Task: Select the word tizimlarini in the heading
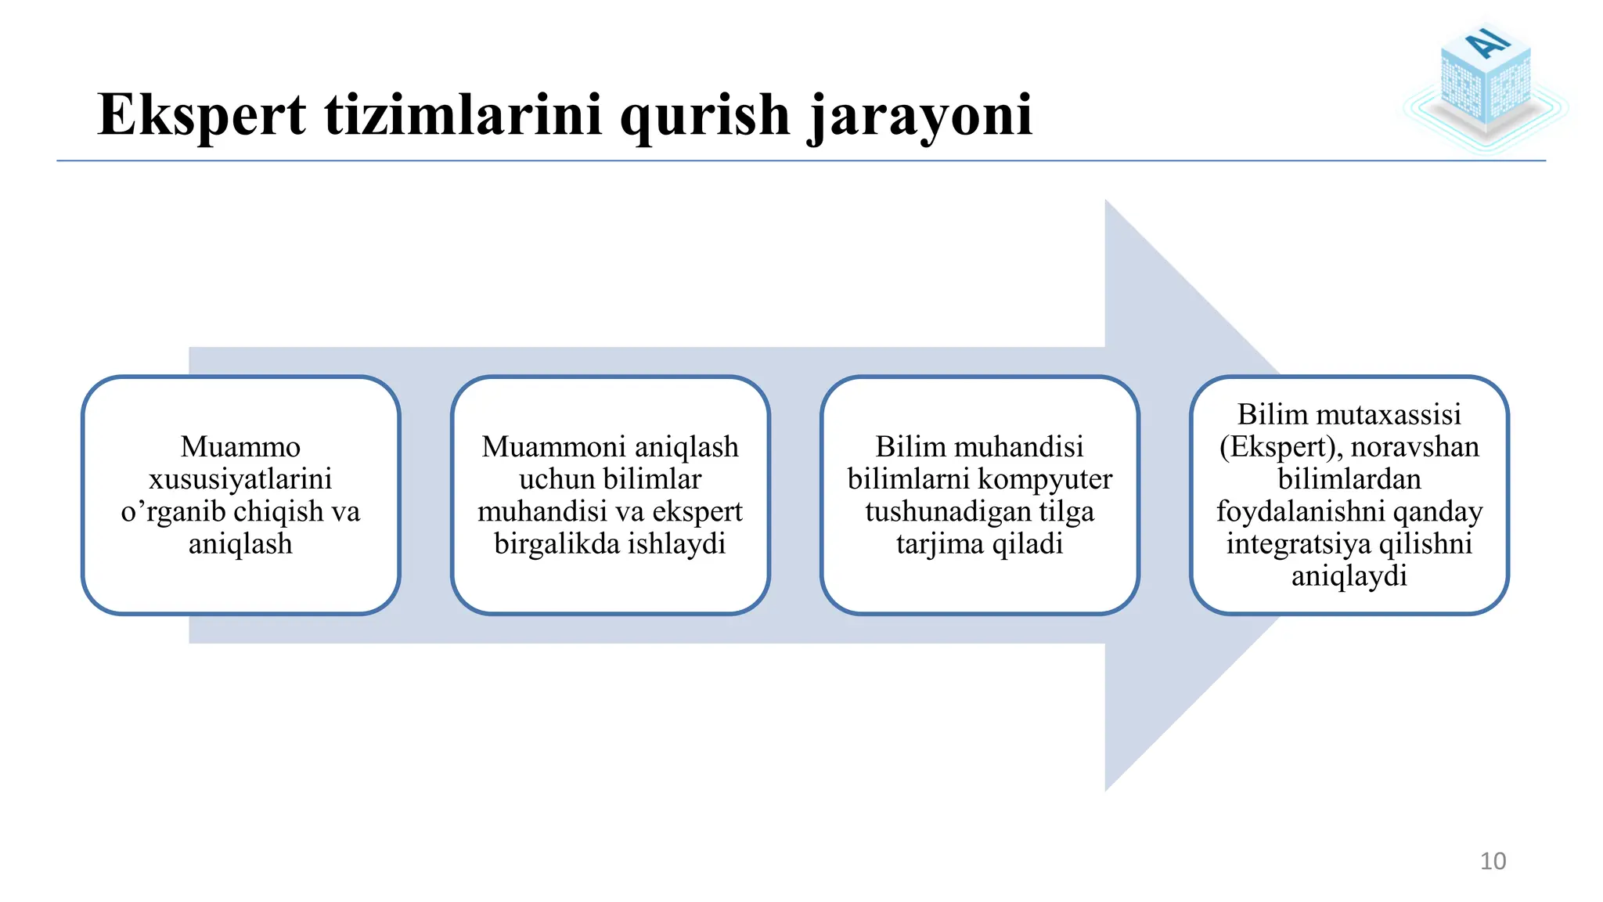tap(463, 116)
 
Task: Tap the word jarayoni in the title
tap(920, 116)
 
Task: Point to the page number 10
tap(1493, 861)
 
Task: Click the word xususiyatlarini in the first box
tap(240, 479)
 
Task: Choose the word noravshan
tap(1414, 447)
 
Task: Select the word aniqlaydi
tap(1349, 576)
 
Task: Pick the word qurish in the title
tap(705, 116)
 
